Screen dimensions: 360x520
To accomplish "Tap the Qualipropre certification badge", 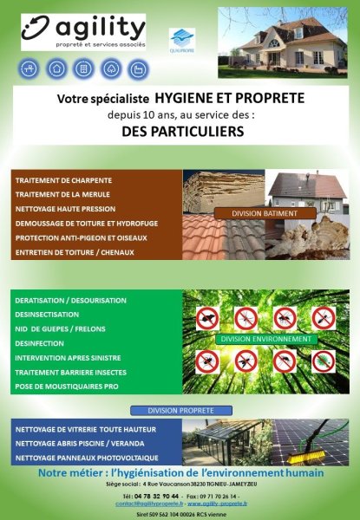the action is [x=180, y=41].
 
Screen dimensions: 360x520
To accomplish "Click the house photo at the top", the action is [x=286, y=43].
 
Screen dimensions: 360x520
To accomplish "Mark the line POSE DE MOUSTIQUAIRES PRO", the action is [x=64, y=387].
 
